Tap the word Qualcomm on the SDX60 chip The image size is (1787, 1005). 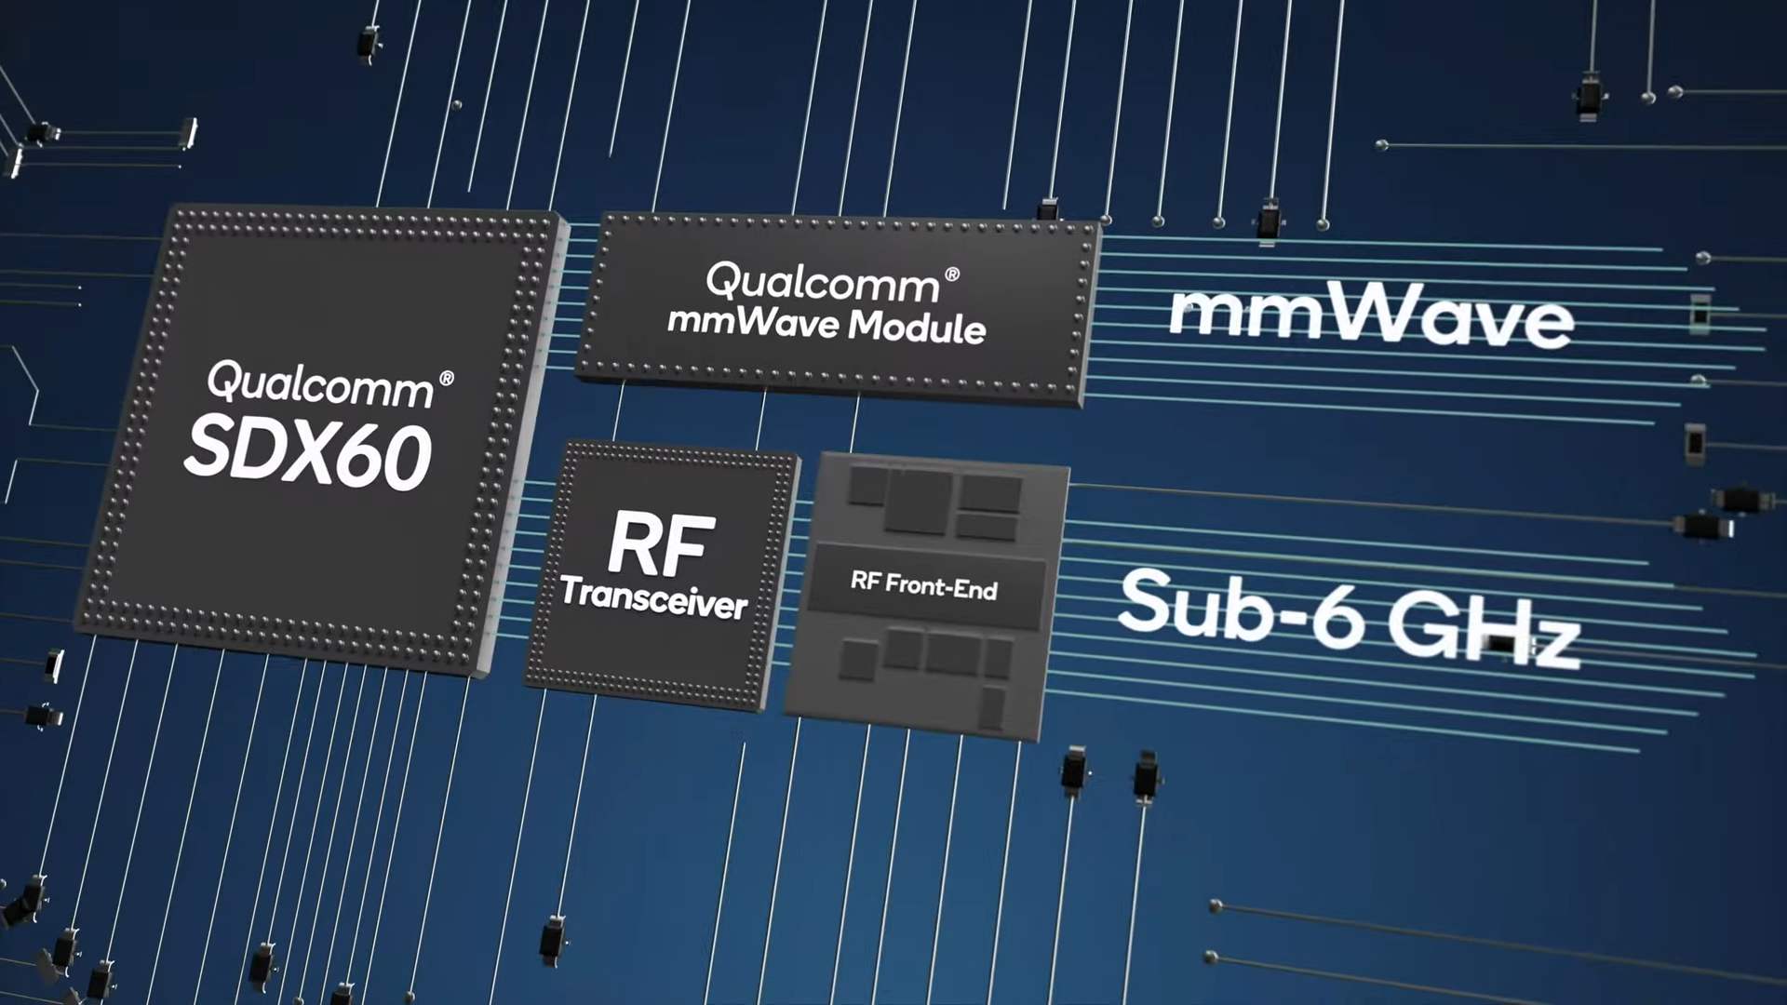tap(319, 385)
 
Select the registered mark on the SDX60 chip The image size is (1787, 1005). tap(447, 379)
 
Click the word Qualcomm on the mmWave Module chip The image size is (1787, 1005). tap(823, 282)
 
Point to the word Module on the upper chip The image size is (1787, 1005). tap(917, 327)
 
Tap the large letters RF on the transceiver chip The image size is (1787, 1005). tap(662, 544)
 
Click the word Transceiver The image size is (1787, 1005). tap(654, 597)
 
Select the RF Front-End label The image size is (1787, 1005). tap(923, 584)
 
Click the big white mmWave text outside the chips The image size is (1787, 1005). tap(1371, 316)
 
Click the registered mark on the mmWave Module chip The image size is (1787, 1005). tap(952, 275)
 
